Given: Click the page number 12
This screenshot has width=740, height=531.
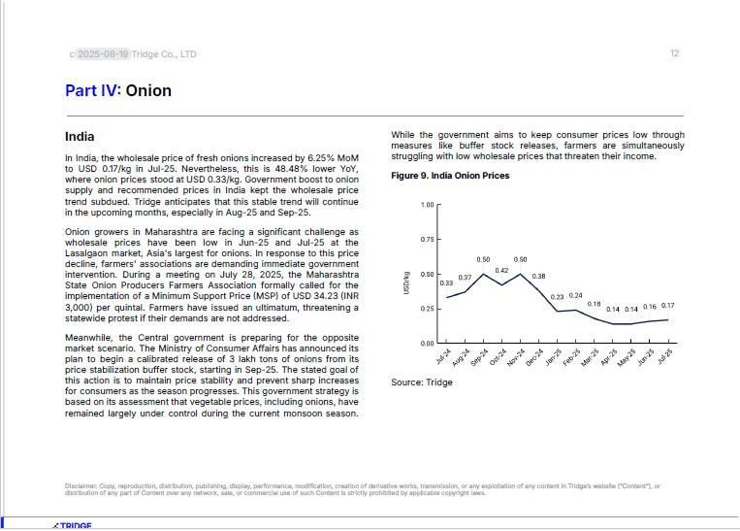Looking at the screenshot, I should point(674,53).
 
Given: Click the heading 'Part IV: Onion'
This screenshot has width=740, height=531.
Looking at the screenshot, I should point(118,90).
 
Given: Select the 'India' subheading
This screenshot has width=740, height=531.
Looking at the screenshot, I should point(80,137).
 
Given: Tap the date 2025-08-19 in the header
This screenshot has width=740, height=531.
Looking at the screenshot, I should point(103,54).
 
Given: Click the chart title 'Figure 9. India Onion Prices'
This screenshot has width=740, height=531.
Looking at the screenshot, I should point(450,176).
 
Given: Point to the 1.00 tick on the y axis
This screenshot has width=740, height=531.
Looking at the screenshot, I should point(428,205).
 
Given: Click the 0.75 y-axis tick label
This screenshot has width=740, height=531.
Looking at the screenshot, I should point(428,240).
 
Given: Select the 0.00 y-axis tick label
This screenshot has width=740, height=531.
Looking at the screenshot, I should point(428,344).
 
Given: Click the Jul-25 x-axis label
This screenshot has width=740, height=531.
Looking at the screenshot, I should point(666,357).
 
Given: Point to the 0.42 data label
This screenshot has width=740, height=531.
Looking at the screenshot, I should point(501,271).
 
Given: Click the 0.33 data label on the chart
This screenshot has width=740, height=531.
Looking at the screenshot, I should point(446,283).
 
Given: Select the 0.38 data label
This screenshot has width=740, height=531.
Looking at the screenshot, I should point(538,277).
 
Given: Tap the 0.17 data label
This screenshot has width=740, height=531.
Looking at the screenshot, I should point(667,306).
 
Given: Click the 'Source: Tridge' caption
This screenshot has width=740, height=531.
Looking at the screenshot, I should point(422,382).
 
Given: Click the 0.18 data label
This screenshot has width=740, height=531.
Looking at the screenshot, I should point(594,304).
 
